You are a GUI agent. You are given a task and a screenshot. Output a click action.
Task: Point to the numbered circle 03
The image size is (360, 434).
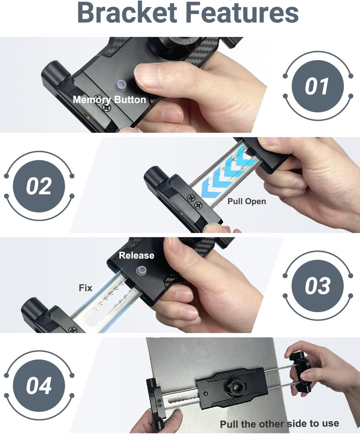317,286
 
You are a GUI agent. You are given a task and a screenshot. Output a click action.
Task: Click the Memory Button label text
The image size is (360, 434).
109,99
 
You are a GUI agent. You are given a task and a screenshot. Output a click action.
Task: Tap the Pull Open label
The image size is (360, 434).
247,201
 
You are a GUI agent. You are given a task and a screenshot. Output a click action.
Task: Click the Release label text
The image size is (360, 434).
136,255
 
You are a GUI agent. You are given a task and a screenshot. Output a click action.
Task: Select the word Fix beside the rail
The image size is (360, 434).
85,288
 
